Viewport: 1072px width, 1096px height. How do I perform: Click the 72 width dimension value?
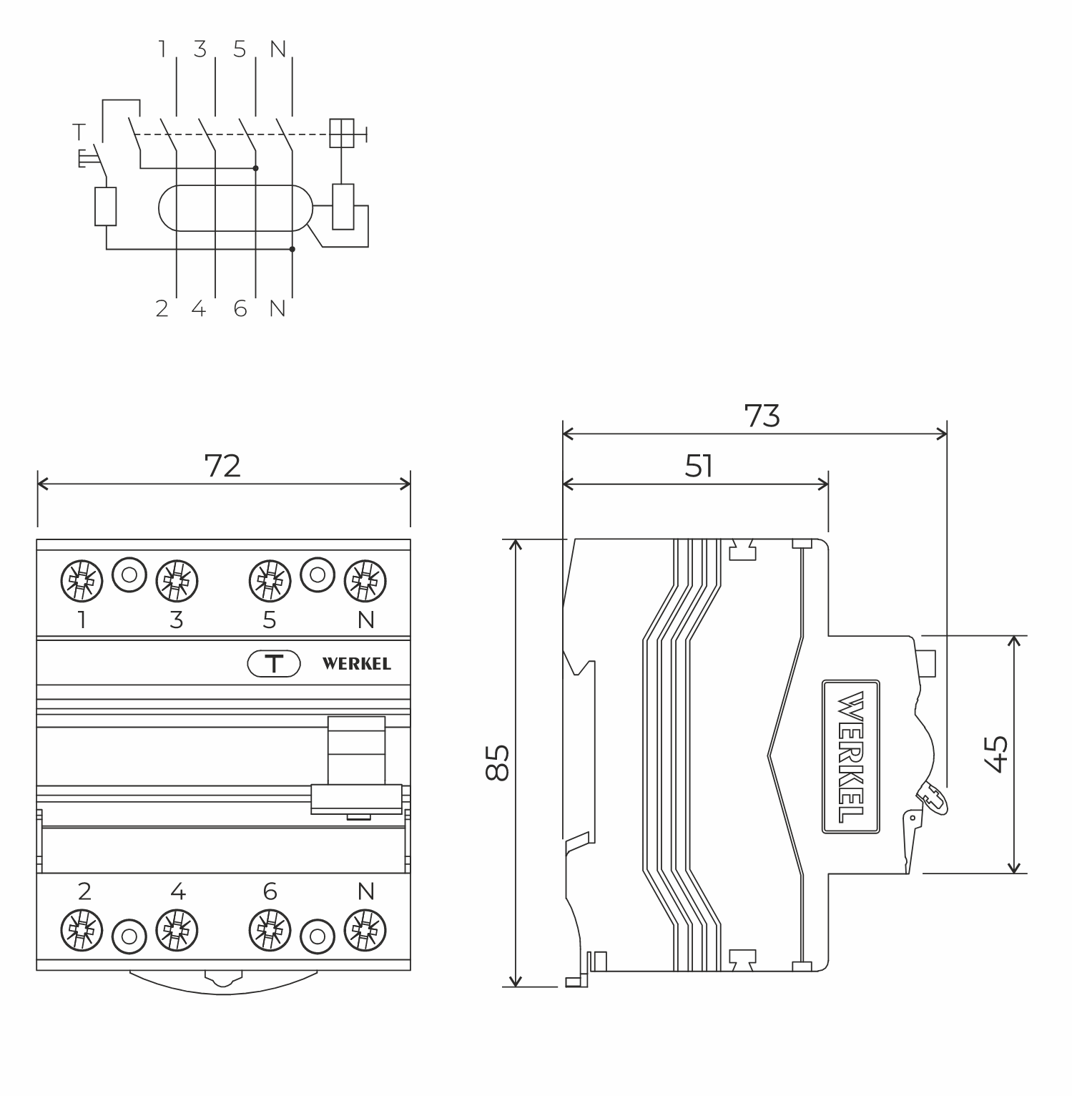click(222, 466)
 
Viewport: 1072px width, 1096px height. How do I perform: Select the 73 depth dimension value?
click(762, 416)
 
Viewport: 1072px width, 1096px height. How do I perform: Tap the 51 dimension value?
click(699, 466)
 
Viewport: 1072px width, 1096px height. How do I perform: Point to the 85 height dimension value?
click(498, 763)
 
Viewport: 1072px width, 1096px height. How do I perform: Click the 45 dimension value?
click(996, 754)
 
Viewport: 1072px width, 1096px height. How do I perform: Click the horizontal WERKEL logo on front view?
click(356, 664)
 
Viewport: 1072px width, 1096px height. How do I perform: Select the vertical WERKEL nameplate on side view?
click(850, 756)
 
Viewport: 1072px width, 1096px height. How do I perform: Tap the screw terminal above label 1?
click(82, 580)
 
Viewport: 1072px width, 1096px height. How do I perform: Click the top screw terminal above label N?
click(365, 580)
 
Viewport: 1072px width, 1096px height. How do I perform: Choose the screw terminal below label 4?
click(177, 931)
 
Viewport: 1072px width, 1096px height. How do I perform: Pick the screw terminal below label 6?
click(270, 931)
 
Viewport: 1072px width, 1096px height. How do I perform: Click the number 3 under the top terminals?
click(177, 620)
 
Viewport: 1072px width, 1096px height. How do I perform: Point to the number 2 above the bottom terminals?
click(84, 891)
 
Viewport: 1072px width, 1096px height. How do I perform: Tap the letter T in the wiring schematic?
click(79, 132)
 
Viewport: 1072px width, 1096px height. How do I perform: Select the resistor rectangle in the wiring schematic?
click(106, 207)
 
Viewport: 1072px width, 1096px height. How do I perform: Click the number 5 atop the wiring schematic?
click(240, 49)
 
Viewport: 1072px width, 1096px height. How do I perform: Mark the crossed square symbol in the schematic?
click(342, 133)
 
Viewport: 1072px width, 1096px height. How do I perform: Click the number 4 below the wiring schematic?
click(199, 309)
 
